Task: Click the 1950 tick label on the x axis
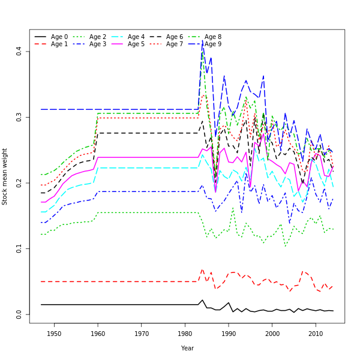click(x=54, y=334)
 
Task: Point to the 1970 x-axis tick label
click(x=142, y=334)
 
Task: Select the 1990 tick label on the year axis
click(x=229, y=334)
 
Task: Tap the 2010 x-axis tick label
click(x=316, y=334)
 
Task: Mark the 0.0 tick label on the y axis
click(x=19, y=314)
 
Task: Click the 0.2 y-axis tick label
click(x=19, y=183)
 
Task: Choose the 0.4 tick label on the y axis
click(x=19, y=52)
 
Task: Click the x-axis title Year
click(x=187, y=348)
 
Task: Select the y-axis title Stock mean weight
click(x=5, y=176)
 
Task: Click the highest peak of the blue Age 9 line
click(x=202, y=42)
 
